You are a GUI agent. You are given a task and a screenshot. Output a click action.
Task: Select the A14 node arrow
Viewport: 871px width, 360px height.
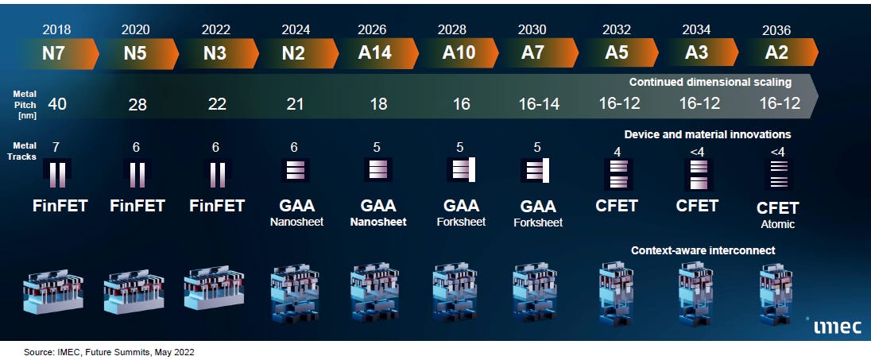374,53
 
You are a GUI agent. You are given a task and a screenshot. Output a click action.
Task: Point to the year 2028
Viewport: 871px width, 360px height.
452,29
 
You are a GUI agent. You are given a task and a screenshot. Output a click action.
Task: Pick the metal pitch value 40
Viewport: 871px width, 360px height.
56,104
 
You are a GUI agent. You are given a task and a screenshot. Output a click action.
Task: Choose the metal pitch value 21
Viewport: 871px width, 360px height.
296,104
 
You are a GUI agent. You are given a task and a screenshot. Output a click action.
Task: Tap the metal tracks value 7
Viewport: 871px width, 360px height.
56,148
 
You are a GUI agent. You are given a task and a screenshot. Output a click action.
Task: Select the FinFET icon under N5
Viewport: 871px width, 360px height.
137,172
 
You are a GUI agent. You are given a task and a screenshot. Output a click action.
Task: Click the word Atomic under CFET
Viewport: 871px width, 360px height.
777,224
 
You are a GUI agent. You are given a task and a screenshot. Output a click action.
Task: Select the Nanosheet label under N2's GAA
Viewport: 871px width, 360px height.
297,222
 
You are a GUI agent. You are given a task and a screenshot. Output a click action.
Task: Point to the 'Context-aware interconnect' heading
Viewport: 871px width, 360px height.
703,251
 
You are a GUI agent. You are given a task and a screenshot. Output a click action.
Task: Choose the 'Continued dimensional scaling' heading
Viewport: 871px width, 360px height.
710,82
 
